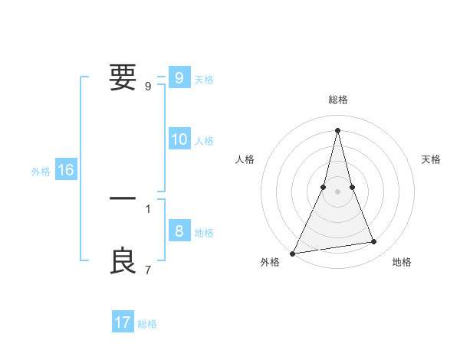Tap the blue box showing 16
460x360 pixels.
pos(66,170)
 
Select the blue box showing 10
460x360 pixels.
pos(179,139)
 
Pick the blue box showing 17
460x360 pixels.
pos(123,322)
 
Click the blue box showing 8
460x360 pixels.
pos(179,231)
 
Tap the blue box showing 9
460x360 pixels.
pos(179,77)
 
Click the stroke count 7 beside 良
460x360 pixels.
pos(148,270)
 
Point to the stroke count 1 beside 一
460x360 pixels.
pos(148,208)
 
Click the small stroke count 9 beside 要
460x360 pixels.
pos(148,87)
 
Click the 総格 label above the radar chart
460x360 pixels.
pos(337,100)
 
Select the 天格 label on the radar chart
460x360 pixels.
pos(431,159)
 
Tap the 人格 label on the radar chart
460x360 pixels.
pos(245,159)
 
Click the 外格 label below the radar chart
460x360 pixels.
pos(270,263)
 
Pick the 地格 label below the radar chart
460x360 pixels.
pos(402,263)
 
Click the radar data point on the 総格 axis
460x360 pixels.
pos(337,130)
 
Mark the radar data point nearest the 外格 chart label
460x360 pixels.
pos(293,253)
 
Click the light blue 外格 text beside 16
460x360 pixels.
pos(41,172)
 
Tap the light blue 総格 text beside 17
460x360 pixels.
pos(147,324)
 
